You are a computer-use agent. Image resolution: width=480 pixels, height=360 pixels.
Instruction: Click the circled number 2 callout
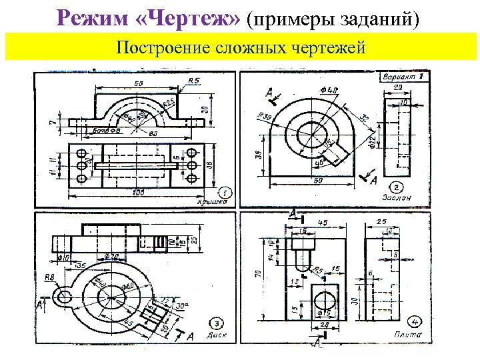click(x=396, y=187)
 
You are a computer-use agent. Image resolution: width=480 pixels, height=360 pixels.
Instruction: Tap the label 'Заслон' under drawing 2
click(x=395, y=198)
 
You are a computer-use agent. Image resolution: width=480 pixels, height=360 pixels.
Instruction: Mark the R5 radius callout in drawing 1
click(x=194, y=81)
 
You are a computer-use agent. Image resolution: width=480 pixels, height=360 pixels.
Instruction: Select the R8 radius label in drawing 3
click(x=49, y=278)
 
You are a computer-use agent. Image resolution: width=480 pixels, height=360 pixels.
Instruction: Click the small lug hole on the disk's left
click(x=64, y=297)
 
